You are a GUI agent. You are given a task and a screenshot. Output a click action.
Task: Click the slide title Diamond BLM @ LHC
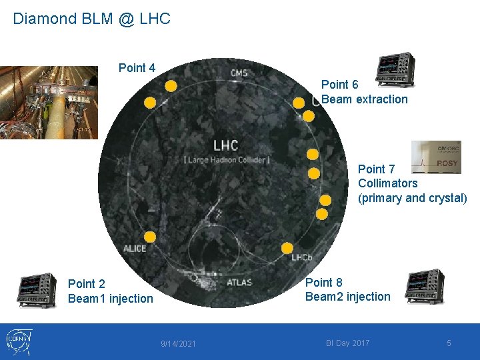[x=92, y=19]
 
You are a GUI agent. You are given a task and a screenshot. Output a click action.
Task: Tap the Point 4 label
[x=137, y=68]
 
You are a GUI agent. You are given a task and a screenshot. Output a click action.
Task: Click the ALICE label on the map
[x=135, y=249]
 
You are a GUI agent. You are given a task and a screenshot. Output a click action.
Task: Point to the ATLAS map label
[x=239, y=282]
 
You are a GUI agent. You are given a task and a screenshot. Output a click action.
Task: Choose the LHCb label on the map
[x=302, y=257]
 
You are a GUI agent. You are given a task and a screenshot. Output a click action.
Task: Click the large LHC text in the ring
[x=225, y=145]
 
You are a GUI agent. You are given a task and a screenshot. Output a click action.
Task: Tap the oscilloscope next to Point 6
[x=395, y=70]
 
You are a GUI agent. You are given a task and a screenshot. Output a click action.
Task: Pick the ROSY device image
[x=436, y=157]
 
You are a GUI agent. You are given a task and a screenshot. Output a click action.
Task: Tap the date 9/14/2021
[x=179, y=343]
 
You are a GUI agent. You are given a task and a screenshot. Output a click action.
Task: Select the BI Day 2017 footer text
[x=347, y=343]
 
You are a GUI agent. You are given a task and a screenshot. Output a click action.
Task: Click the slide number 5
[x=449, y=343]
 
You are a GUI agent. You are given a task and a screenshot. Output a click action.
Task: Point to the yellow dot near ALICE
[x=150, y=237]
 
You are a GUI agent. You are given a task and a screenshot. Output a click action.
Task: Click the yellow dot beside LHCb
[x=287, y=247]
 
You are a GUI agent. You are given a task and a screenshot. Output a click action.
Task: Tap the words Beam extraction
[x=365, y=99]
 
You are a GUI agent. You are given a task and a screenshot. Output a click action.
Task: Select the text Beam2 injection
[x=348, y=297]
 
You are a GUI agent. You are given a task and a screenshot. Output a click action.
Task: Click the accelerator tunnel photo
[x=49, y=102]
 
